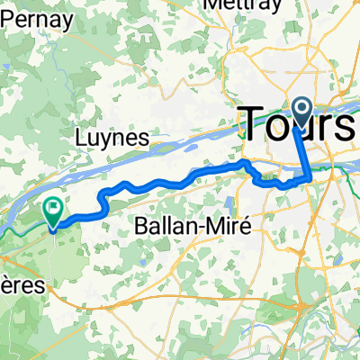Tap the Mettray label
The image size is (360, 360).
(238, 4)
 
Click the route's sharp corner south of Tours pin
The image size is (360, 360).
(311, 178)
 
